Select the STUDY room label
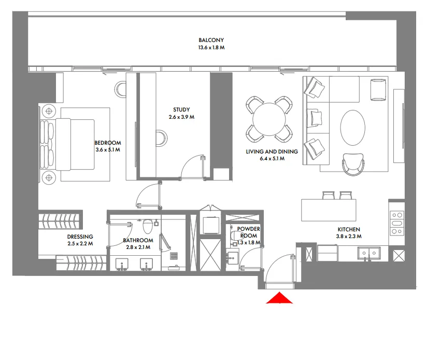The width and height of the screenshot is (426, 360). (x=181, y=109)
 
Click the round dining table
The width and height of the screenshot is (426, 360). (x=268, y=119)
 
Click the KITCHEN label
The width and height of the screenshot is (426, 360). (x=349, y=229)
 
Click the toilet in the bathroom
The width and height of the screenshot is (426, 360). (x=148, y=227)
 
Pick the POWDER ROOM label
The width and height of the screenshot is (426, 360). (x=248, y=232)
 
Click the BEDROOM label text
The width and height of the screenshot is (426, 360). (x=107, y=143)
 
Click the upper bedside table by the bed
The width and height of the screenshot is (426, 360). (x=49, y=110)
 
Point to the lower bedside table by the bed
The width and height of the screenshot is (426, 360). (x=49, y=177)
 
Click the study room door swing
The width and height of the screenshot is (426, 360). (x=193, y=166)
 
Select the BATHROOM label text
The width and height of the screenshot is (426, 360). (x=138, y=240)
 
